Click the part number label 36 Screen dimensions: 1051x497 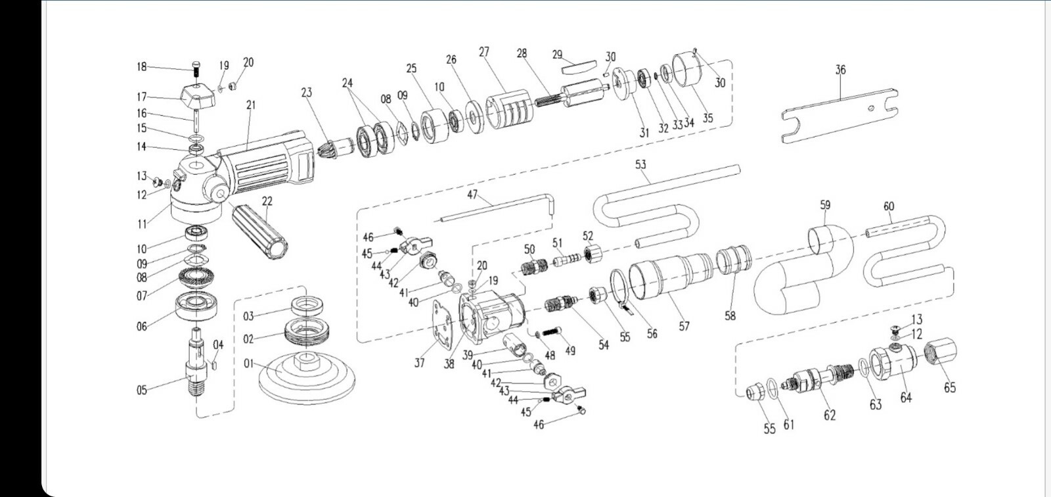[x=840, y=70]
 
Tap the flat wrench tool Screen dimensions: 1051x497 [x=840, y=116]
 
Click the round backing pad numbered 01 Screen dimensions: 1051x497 [x=307, y=378]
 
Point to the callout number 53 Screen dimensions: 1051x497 [x=640, y=164]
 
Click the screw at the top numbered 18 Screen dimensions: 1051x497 [x=196, y=69]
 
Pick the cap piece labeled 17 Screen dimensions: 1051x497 [x=197, y=95]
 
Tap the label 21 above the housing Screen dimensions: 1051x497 [x=251, y=105]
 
